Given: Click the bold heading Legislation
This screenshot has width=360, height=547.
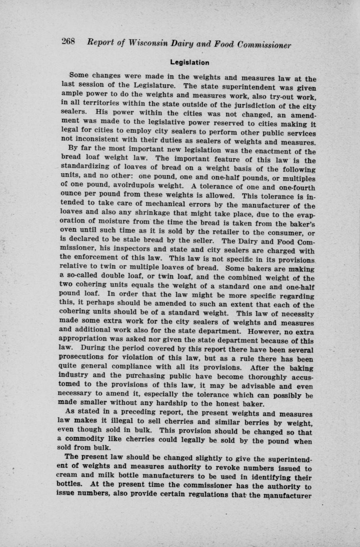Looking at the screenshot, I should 190,63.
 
